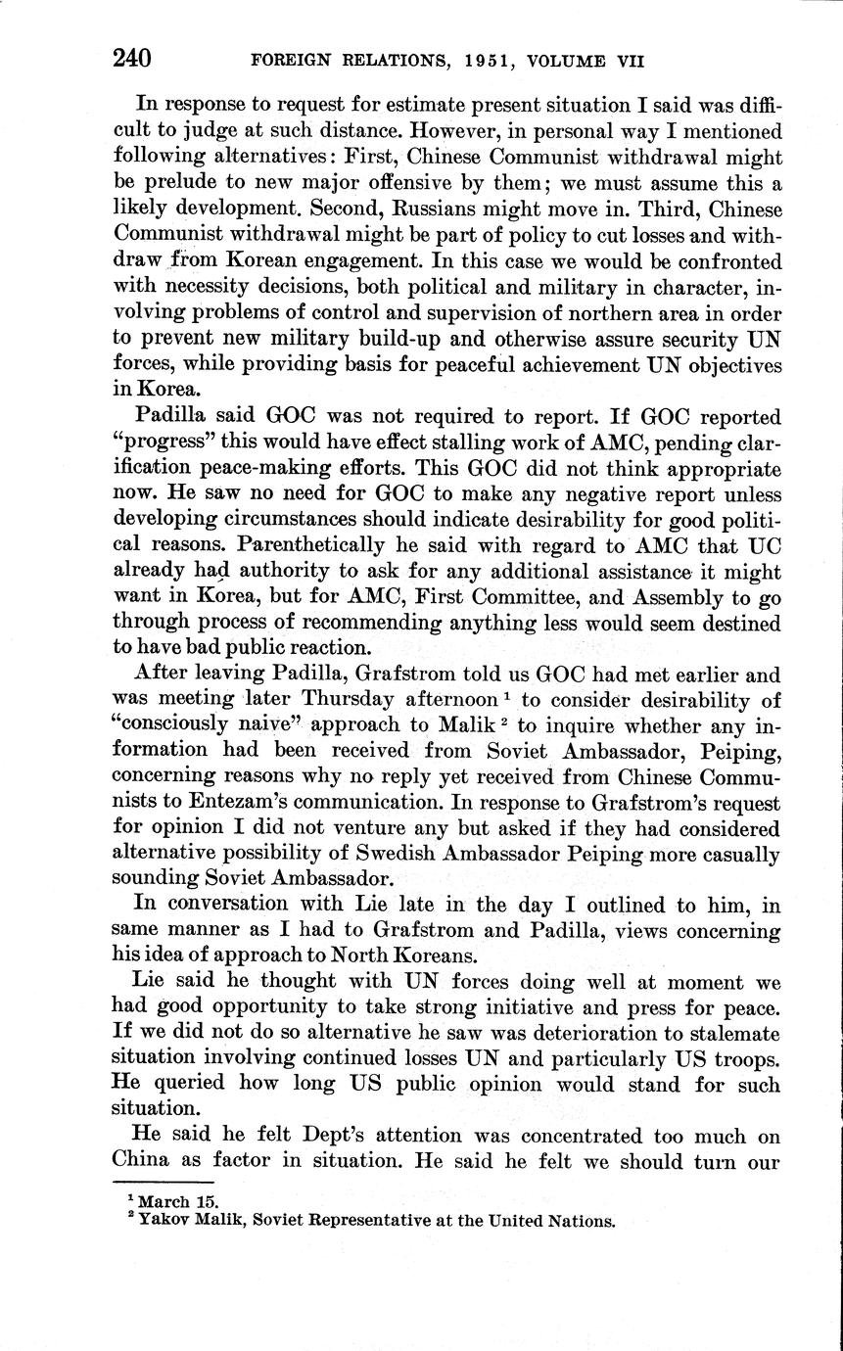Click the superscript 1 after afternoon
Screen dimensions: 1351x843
(x=506, y=694)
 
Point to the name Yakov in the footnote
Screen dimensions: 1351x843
(x=163, y=1220)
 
